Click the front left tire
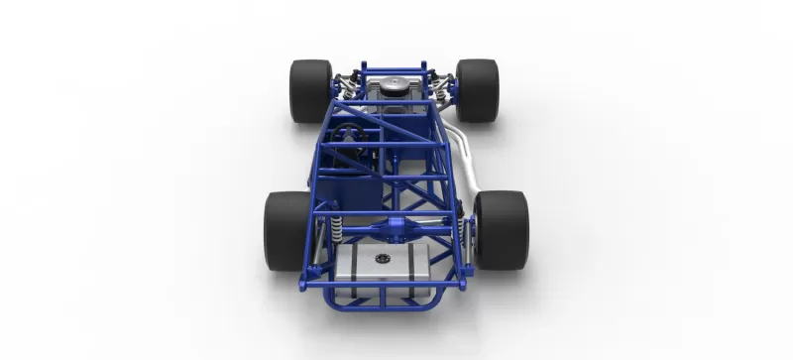click(x=311, y=90)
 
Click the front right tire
click(x=477, y=90)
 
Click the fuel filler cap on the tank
click(x=382, y=260)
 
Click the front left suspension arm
click(x=342, y=79)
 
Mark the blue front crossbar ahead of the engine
click(x=394, y=67)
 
